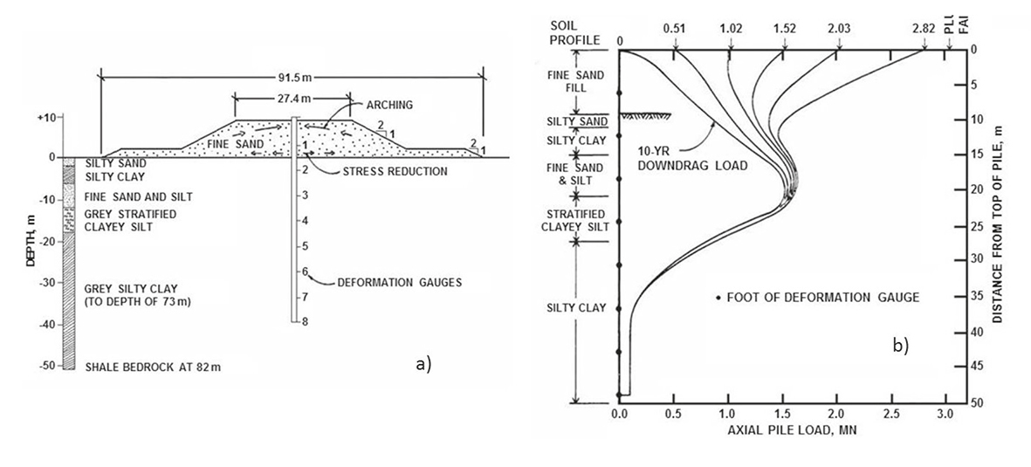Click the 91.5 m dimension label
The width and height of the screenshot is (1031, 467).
292,78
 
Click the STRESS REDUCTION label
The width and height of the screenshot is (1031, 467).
396,172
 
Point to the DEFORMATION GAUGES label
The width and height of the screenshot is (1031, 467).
399,283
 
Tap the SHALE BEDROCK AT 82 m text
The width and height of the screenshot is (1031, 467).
153,367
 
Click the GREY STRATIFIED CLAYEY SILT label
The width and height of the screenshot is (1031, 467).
131,221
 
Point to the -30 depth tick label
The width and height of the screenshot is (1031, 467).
46,283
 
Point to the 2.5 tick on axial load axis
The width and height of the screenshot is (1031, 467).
891,415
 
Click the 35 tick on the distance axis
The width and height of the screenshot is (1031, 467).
977,298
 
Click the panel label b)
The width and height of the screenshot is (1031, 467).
900,346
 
